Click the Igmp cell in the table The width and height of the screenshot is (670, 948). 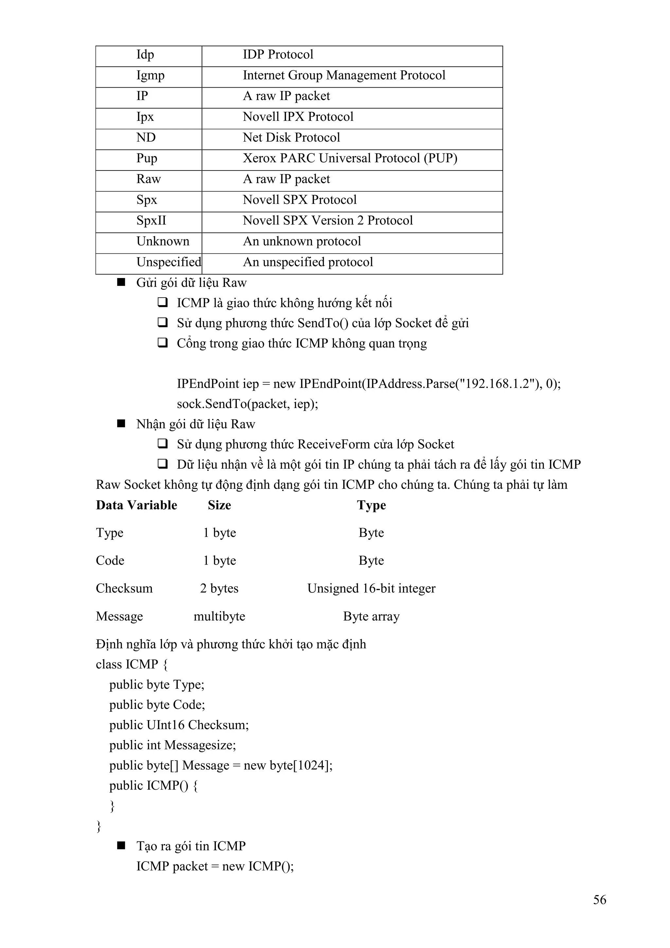pos(150,76)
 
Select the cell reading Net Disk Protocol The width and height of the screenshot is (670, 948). pos(291,137)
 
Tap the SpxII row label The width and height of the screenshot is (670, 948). pos(151,220)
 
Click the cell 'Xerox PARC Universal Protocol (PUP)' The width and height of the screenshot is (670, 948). pos(350,158)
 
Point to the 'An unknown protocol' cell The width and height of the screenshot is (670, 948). pos(302,241)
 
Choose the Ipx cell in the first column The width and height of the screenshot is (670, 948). pos(145,117)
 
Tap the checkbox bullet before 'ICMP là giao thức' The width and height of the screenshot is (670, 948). pos(162,303)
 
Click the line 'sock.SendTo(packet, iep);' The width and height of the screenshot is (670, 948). pos(247,404)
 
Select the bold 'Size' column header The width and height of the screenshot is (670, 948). pos(219,505)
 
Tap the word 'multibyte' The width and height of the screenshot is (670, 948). pos(219,616)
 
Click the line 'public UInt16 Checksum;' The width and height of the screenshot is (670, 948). pos(179,725)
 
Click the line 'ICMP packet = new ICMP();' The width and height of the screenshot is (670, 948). pos(215,866)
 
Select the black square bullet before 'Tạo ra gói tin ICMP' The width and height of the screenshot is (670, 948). pos(121,846)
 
